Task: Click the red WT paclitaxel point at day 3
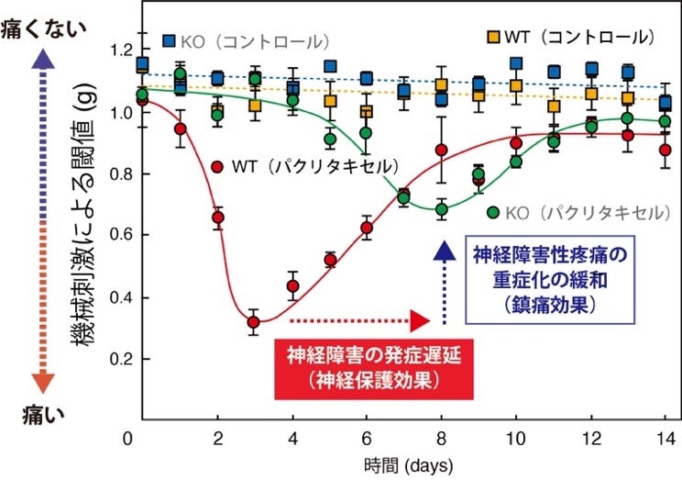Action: point(254,322)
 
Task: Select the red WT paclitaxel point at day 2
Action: point(218,218)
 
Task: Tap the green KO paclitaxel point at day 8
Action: point(442,209)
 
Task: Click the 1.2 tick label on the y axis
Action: point(117,50)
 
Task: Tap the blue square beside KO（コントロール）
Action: point(170,40)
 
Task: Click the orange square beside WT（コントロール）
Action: point(493,37)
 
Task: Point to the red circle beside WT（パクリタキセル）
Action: point(217,166)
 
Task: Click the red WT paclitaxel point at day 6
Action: point(367,228)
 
